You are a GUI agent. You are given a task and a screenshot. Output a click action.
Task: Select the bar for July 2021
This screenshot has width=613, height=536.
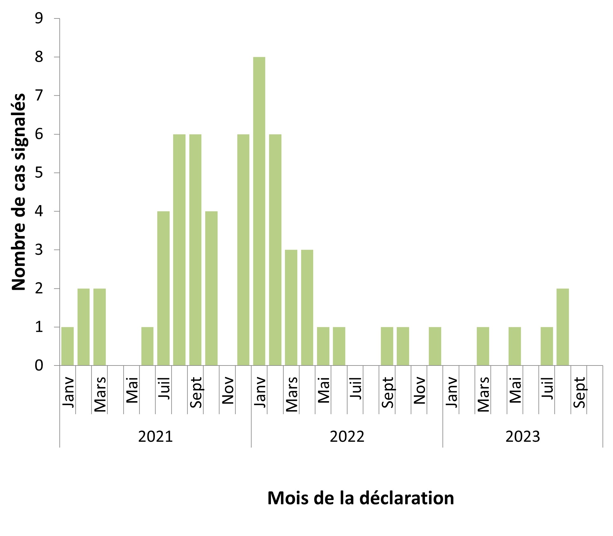(163, 288)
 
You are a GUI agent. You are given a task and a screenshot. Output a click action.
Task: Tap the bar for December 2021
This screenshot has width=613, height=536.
(243, 250)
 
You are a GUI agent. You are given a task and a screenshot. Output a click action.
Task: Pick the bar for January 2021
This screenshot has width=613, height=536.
(67, 346)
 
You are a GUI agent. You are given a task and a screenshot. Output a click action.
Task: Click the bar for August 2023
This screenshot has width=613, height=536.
(562, 327)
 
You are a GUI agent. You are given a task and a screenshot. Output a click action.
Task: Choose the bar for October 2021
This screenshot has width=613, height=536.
(211, 288)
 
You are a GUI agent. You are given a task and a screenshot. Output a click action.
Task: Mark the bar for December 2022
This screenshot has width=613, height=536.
(435, 346)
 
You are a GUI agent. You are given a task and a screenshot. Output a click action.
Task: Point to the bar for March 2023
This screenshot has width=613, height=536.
(483, 346)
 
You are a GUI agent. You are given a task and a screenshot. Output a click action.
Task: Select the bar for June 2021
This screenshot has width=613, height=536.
(147, 346)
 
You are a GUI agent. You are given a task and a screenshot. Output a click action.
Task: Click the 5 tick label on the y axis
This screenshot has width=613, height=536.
(39, 173)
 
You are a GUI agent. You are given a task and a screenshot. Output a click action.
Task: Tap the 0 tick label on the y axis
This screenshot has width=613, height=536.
(39, 365)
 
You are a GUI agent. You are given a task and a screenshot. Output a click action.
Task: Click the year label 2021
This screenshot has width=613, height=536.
(155, 437)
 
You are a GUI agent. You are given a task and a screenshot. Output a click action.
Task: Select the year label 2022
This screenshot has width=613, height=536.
(347, 437)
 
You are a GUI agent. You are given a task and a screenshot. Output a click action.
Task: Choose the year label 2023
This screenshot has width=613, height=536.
(522, 437)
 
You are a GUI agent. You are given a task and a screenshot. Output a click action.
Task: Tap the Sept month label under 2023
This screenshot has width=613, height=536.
(579, 392)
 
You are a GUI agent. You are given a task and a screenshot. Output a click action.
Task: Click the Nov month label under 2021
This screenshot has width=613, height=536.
(228, 391)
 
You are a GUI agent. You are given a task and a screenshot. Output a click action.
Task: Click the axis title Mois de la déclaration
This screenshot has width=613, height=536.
(360, 498)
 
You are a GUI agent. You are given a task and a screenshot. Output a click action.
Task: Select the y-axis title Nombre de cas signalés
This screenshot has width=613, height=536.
(18, 192)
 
